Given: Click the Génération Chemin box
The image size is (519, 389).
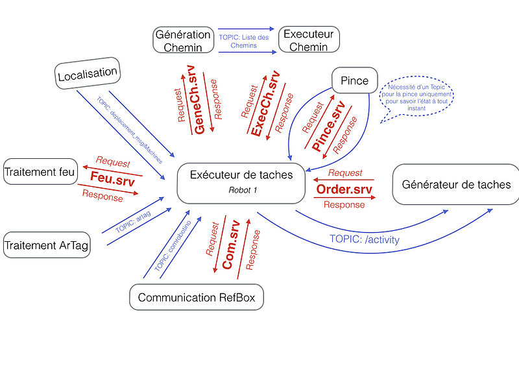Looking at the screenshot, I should pos(183,40).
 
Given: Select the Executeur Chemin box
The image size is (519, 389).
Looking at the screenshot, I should pos(309,40).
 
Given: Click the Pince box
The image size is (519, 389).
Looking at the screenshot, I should pos(354,80).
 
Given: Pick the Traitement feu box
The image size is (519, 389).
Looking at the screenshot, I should pos(40,172).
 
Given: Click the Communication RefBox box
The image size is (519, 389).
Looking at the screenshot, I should pos(197,298).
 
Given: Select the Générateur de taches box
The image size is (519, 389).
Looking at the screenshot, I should pos(456,185).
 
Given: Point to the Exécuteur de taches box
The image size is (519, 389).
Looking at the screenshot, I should pos(241,181).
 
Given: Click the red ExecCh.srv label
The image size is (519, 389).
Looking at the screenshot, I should pos(265,104).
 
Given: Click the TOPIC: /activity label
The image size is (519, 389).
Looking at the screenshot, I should pos(365,239).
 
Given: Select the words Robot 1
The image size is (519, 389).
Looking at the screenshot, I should pos(243,190).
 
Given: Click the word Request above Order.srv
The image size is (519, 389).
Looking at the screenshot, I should pos(345,173).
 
